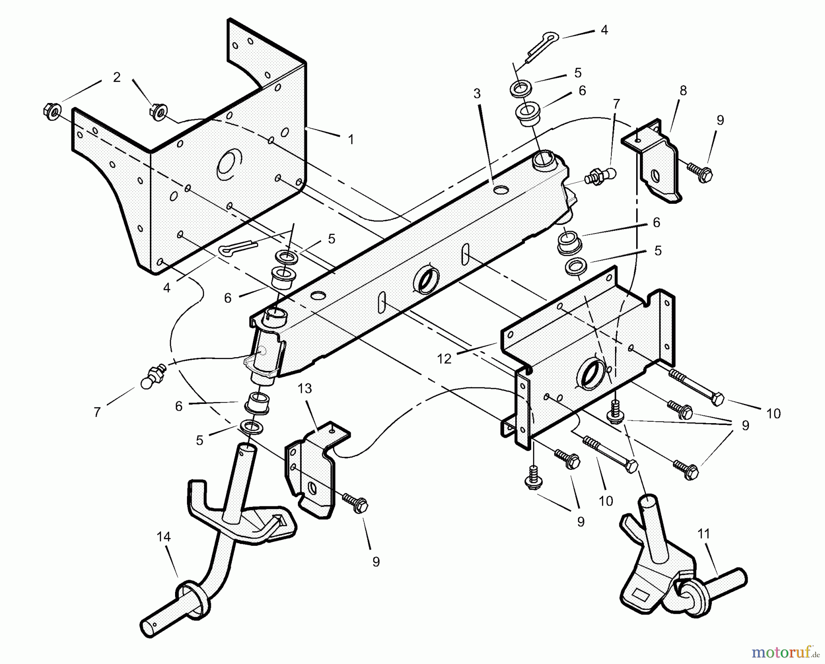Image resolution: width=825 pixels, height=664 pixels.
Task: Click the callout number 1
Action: tap(351, 140)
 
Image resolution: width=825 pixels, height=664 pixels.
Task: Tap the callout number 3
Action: tap(477, 94)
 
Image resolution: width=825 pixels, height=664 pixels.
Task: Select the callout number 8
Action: tap(683, 91)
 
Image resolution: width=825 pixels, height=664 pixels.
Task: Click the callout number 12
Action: tap(444, 359)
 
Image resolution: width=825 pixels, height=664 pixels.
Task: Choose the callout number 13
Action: tap(305, 389)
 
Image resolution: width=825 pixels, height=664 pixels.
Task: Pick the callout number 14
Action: tap(164, 537)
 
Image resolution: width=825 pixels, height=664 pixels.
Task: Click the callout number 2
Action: tap(116, 77)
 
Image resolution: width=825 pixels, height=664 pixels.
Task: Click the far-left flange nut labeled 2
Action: tap(52, 112)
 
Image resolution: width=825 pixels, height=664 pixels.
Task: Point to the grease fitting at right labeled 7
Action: tap(601, 176)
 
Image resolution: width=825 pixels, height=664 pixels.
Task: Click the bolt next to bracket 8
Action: tap(699, 173)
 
